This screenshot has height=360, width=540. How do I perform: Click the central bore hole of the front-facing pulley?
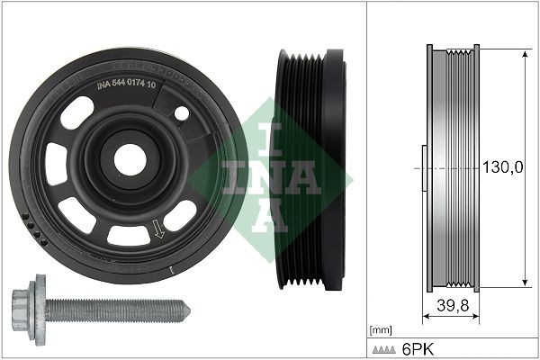[130, 159]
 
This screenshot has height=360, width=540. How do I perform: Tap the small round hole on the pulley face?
[181, 113]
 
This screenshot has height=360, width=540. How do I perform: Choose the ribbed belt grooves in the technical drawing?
[463, 167]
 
